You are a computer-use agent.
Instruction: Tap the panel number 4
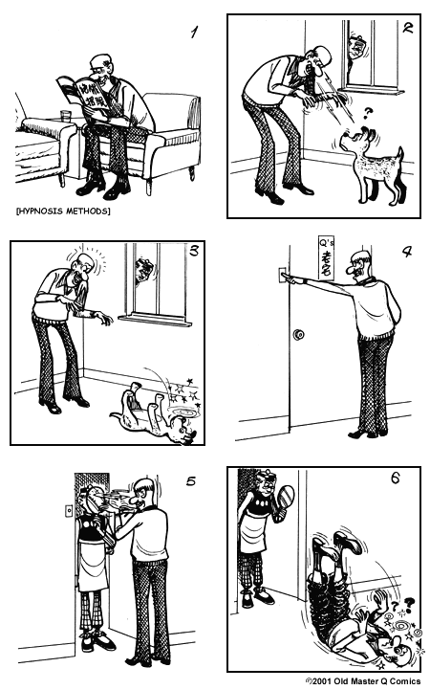[406, 254]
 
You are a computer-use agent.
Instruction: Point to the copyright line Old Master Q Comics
[361, 680]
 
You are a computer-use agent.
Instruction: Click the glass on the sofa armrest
[65, 117]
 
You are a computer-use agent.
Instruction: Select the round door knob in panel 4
[298, 335]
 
